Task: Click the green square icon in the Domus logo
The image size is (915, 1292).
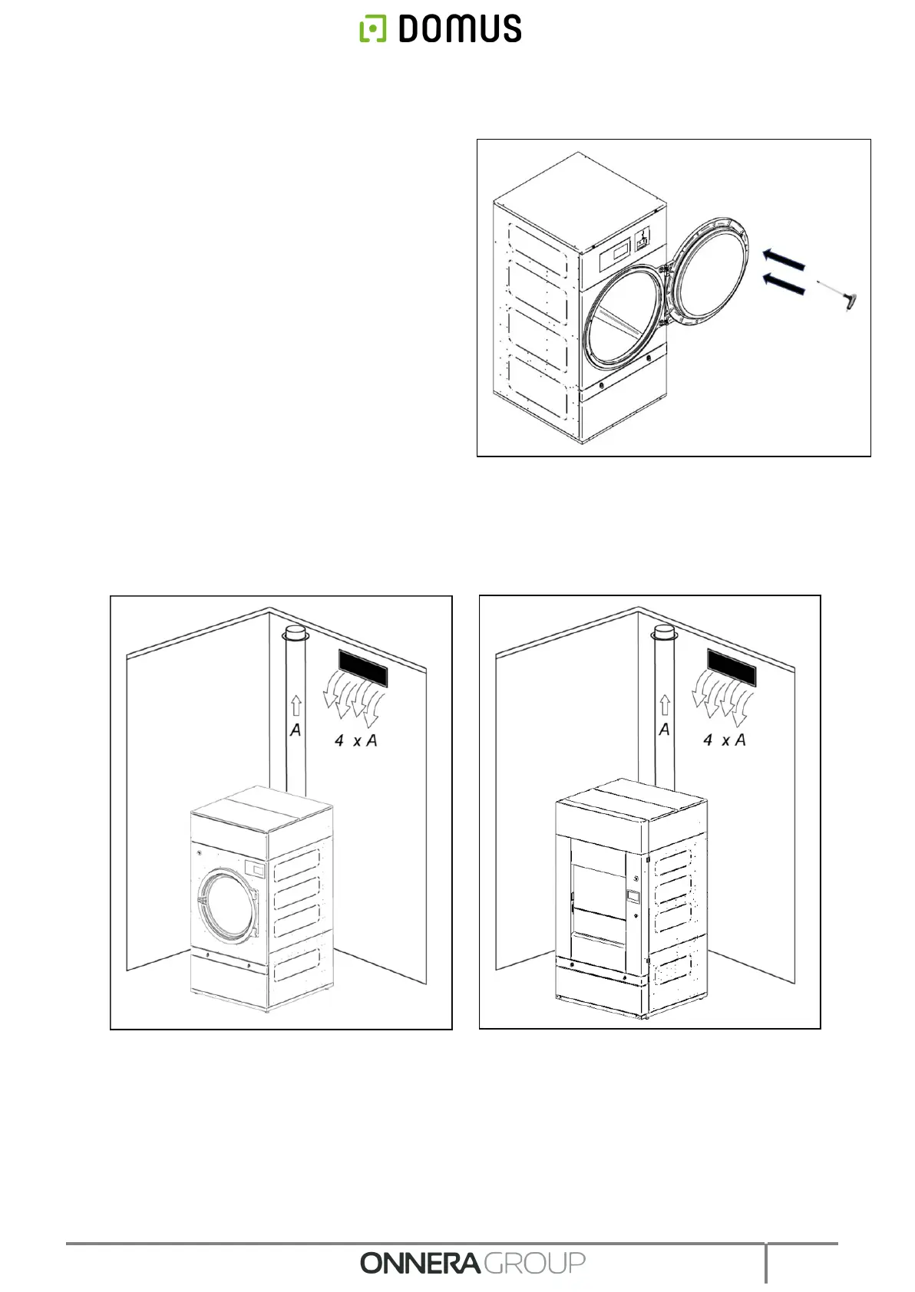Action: coord(372,29)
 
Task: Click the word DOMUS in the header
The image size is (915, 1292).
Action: coord(459,29)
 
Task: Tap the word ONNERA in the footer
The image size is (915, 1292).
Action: coord(420,1263)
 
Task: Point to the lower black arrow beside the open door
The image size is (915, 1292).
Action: coord(783,285)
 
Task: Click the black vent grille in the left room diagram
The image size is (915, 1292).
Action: coord(360,667)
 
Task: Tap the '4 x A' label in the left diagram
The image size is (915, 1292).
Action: coord(355,741)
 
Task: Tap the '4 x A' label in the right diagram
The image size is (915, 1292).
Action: coord(724,740)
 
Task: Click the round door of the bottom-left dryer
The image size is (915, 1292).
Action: coord(226,905)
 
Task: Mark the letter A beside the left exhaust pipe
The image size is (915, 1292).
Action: coord(296,730)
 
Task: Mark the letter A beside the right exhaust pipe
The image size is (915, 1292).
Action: coord(664,730)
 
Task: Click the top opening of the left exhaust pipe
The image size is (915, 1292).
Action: coord(295,634)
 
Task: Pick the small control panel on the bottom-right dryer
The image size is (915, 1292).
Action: coord(633,896)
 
